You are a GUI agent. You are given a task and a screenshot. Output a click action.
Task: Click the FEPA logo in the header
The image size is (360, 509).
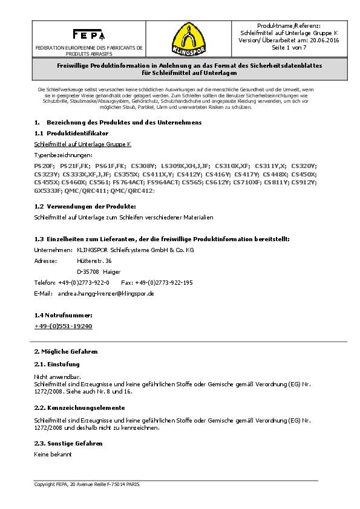click(x=88, y=34)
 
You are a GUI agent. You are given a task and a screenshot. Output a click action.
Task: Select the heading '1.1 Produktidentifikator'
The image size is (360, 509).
click(x=71, y=132)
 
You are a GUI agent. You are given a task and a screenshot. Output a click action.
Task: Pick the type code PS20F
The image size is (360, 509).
click(x=44, y=165)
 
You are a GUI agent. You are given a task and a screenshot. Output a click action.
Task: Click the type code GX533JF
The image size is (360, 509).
click(x=48, y=190)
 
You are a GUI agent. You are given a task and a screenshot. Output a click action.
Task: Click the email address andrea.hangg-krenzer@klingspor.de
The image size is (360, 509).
click(x=106, y=293)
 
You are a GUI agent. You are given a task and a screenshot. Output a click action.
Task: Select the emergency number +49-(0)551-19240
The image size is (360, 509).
click(x=63, y=326)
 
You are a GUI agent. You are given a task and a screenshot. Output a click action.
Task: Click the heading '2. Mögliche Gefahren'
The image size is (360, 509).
click(x=65, y=351)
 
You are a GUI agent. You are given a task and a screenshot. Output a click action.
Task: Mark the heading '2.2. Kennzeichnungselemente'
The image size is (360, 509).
click(x=79, y=408)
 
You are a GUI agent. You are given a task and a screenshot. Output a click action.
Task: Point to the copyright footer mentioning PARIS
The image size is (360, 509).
click(x=87, y=485)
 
